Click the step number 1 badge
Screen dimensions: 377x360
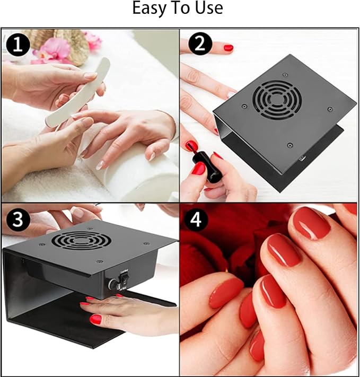click(18, 46)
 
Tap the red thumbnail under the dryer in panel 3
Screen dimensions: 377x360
click(95, 319)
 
